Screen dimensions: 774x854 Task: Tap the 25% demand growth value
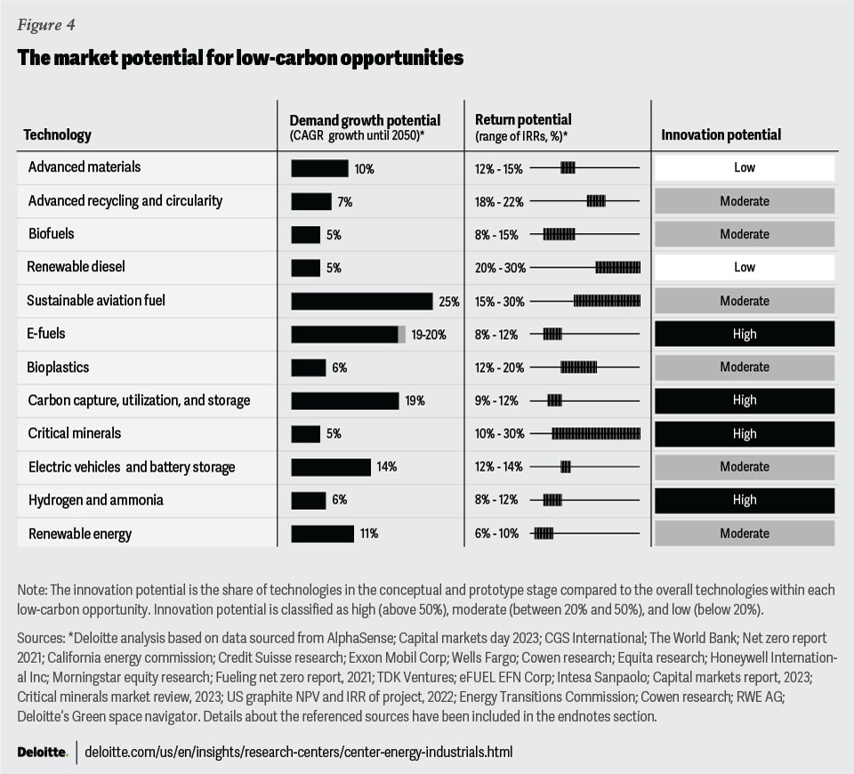point(448,302)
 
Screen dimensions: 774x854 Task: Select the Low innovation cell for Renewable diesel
point(745,267)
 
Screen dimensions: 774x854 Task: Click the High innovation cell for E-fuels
point(745,334)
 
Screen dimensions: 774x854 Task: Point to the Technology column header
point(57,135)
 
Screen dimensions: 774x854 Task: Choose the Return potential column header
point(523,119)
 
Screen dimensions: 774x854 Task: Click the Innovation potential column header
point(721,135)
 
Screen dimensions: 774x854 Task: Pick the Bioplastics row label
point(59,367)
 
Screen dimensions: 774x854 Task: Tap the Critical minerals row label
point(75,433)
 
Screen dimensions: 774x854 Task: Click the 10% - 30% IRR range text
point(500,434)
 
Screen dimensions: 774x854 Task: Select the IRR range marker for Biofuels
point(560,234)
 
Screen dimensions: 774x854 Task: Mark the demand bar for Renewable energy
point(310,534)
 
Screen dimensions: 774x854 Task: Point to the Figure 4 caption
point(39,24)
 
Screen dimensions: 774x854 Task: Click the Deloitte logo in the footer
point(42,752)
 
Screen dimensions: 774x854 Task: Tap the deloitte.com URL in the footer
point(299,752)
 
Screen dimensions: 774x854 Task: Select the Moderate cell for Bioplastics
point(745,367)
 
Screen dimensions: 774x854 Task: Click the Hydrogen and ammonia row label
point(96,500)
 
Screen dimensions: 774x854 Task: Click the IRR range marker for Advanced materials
point(568,167)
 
